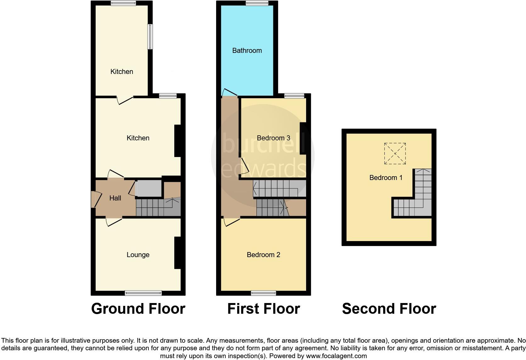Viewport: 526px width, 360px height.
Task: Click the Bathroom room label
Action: click(247, 51)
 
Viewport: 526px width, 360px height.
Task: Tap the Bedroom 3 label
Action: click(273, 138)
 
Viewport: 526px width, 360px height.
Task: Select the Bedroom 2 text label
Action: click(263, 255)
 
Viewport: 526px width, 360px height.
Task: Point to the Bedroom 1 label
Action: click(386, 178)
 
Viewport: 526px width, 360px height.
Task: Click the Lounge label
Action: click(138, 255)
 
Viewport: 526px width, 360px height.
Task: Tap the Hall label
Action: click(115, 198)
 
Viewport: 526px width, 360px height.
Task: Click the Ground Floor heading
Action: click(138, 309)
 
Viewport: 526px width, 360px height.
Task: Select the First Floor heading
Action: click(264, 309)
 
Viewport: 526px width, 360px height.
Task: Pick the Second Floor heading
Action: click(389, 309)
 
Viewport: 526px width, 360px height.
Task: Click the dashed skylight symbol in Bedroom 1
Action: click(395, 154)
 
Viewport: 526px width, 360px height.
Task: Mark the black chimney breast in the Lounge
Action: click(177, 253)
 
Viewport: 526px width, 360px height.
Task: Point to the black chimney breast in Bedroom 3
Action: click(303, 138)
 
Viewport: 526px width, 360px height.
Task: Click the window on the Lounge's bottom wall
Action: click(143, 293)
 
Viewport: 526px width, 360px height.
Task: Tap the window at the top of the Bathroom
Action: click(257, 3)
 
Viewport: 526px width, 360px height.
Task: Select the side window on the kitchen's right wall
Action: click(150, 37)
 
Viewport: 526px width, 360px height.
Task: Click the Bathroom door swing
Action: click(229, 92)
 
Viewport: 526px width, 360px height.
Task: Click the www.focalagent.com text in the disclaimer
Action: click(336, 356)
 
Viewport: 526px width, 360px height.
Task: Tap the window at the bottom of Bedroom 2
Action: click(264, 293)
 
